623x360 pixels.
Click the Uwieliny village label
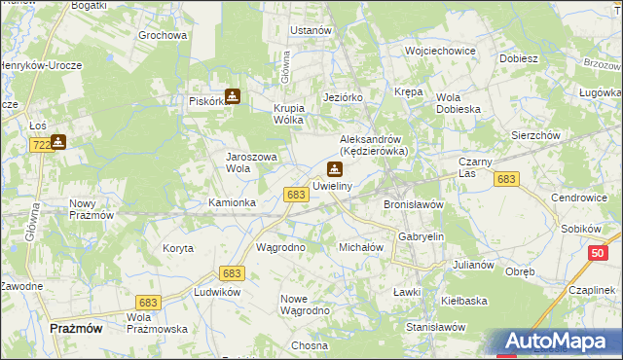click(333, 185)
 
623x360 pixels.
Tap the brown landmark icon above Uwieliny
click(335, 168)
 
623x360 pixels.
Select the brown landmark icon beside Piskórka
click(233, 96)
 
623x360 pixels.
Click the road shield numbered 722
click(41, 144)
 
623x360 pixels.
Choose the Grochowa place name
click(163, 36)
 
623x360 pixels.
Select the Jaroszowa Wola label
click(252, 162)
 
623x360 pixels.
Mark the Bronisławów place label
click(414, 205)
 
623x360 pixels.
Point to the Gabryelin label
click(421, 236)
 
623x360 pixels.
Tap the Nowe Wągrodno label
click(305, 304)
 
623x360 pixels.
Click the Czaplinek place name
click(592, 291)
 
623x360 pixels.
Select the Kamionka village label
click(233, 202)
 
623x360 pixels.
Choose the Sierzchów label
click(535, 136)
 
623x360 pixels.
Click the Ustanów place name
click(311, 30)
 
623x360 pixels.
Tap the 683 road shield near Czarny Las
click(505, 179)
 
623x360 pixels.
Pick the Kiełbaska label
click(463, 301)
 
